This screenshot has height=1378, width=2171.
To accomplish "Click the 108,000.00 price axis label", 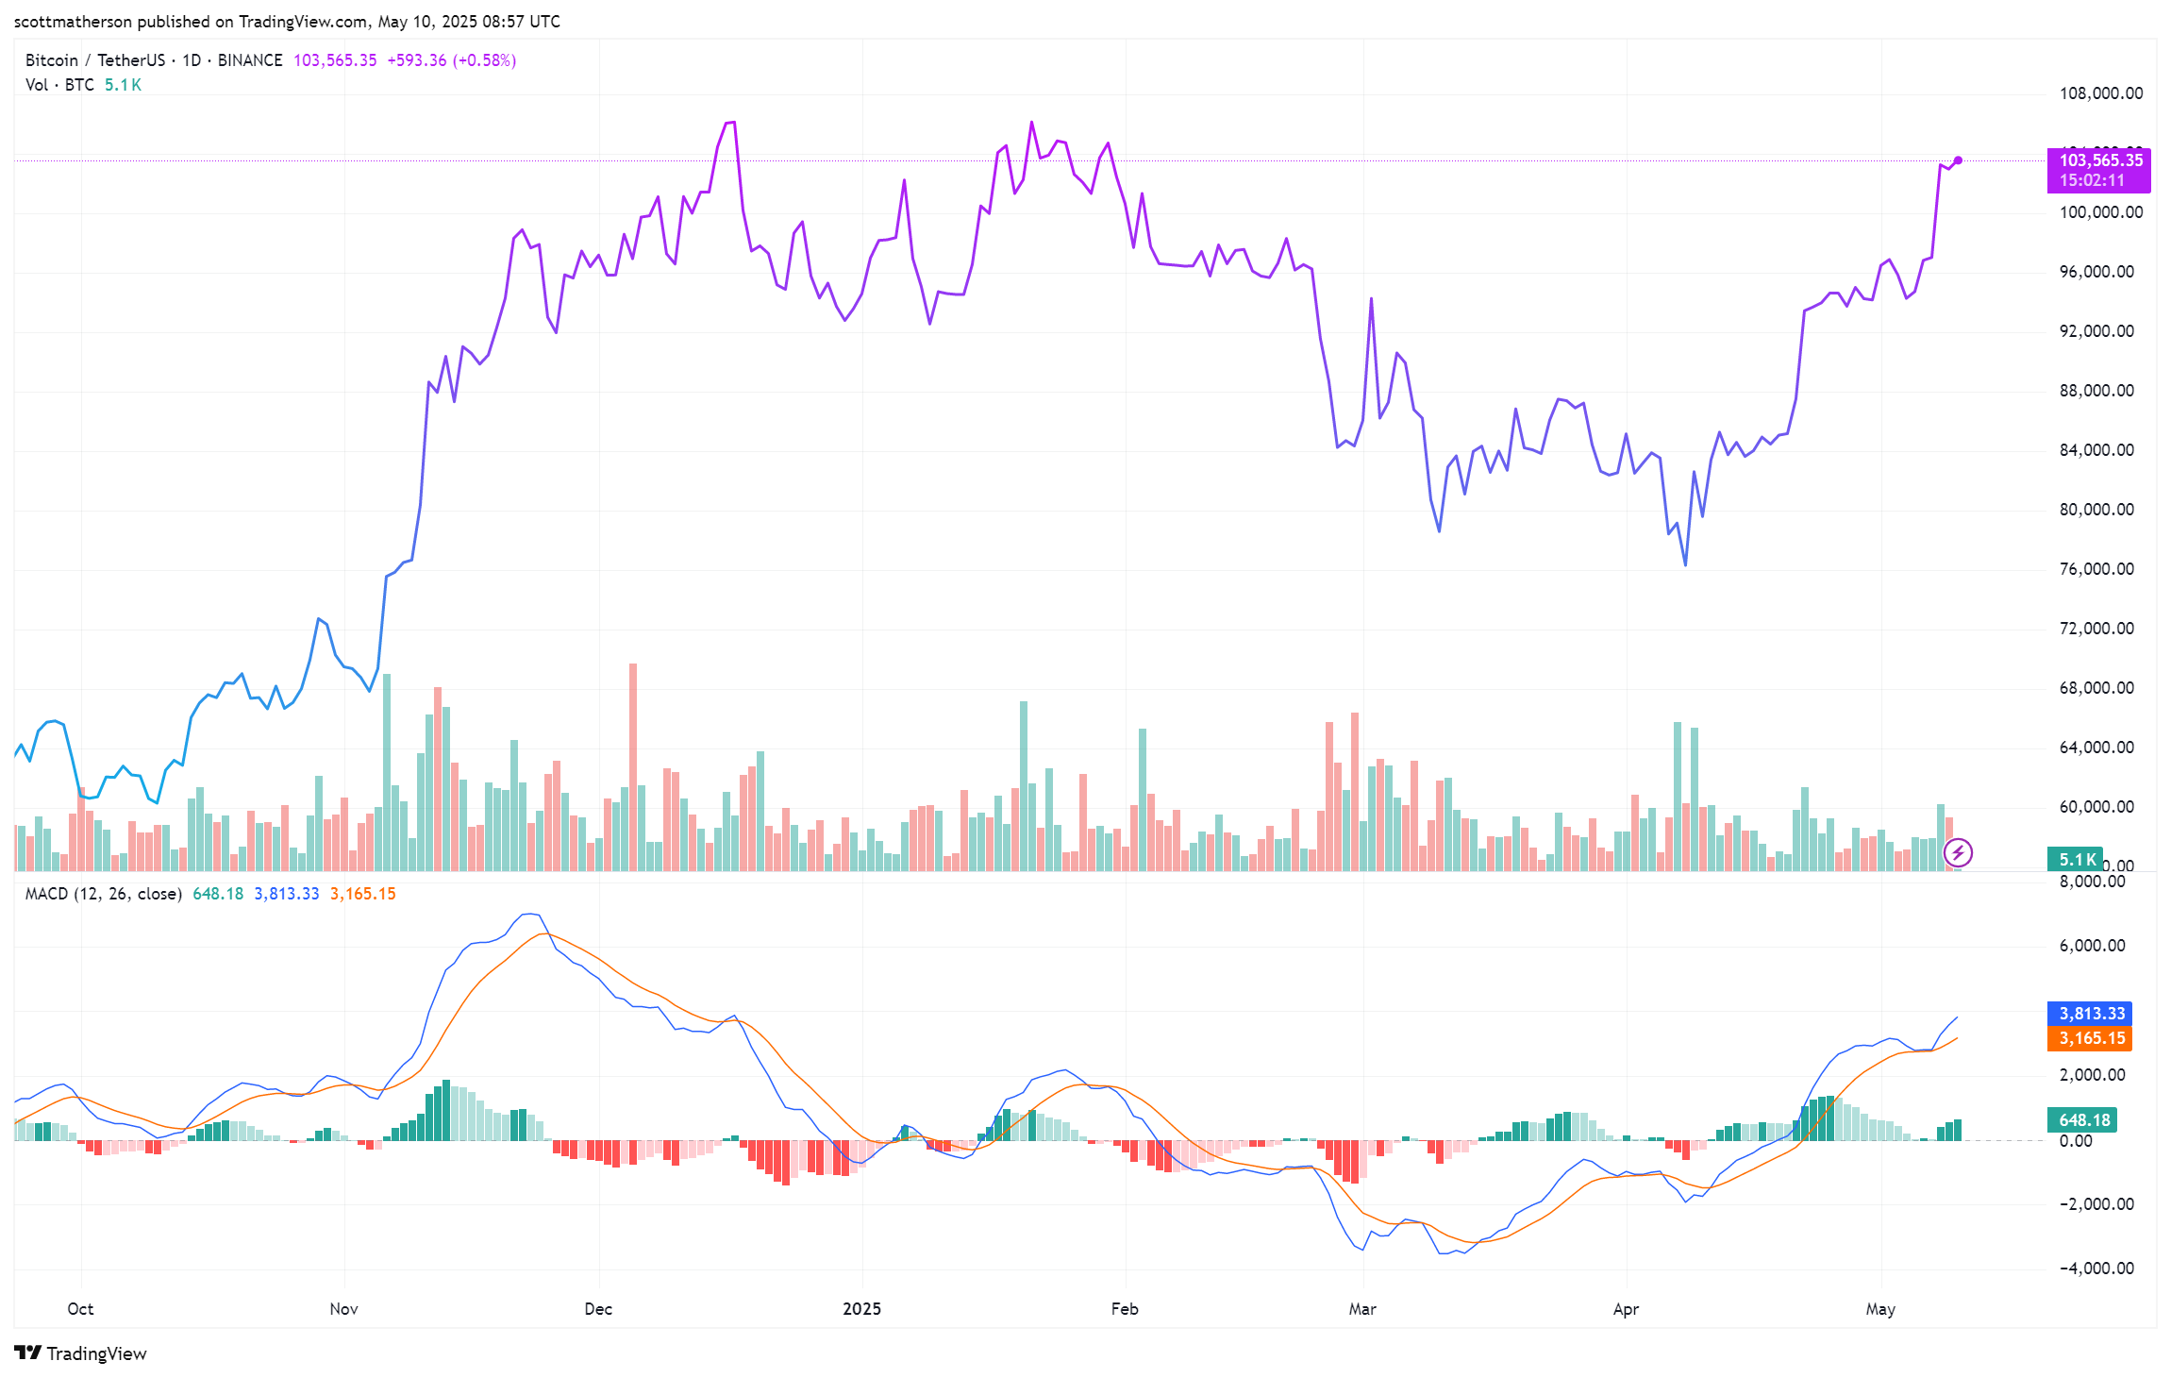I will pyautogui.click(x=2100, y=93).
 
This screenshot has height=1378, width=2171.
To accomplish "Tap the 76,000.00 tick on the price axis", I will pyautogui.click(x=2096, y=569).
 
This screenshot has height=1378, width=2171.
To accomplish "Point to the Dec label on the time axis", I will pyautogui.click(x=598, y=1309).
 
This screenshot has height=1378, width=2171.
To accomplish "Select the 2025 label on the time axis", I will pyautogui.click(x=861, y=1309).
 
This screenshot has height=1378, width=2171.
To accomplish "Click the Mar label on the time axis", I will pyautogui.click(x=1362, y=1309).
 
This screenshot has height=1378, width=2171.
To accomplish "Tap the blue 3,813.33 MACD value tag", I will pyautogui.click(x=2091, y=1014).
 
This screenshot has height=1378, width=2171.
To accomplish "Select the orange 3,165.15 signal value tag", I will pyautogui.click(x=2091, y=1038).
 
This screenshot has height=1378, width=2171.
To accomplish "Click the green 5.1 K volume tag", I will pyautogui.click(x=2076, y=859).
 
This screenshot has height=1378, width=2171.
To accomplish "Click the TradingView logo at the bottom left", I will pyautogui.click(x=81, y=1353).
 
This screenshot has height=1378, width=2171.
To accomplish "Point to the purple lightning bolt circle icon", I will pyautogui.click(x=1958, y=853).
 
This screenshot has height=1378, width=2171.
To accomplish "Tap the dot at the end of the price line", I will pyautogui.click(x=1958, y=160).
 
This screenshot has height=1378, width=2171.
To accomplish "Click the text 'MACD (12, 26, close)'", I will pyautogui.click(x=103, y=894).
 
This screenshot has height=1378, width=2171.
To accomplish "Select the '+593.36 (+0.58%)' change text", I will pyautogui.click(x=451, y=60).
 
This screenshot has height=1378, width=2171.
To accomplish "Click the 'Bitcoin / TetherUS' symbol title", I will pyautogui.click(x=95, y=60).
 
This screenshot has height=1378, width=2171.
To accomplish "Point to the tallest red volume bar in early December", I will pyautogui.click(x=633, y=765).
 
